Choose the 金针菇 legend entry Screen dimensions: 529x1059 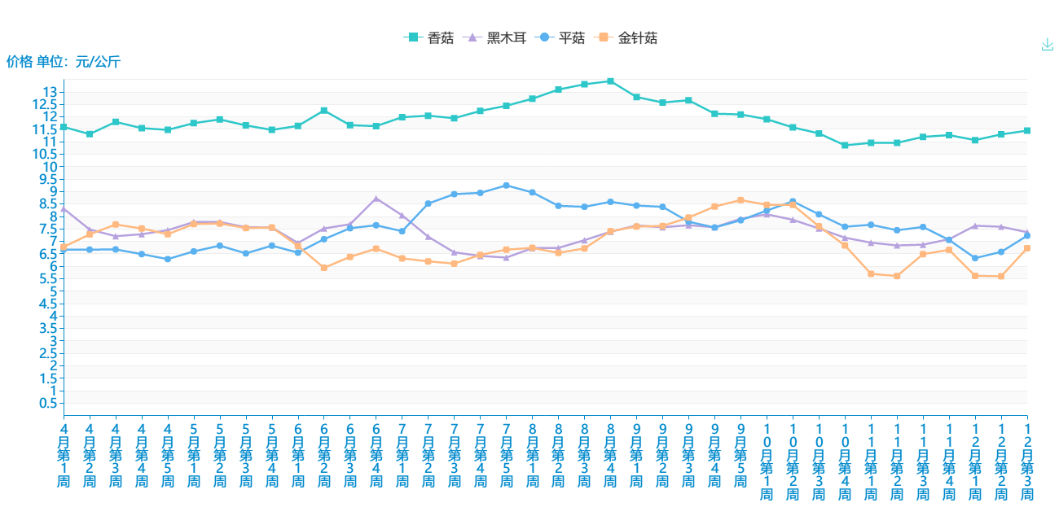click(x=627, y=37)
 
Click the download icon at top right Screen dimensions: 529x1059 click(x=1048, y=45)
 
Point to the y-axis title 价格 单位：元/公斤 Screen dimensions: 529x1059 click(x=64, y=61)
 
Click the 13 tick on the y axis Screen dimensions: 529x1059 click(x=51, y=92)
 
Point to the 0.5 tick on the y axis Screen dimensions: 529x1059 click(x=47, y=404)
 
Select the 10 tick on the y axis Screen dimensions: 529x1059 click(x=51, y=167)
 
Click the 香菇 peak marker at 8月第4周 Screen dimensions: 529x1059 click(x=610, y=81)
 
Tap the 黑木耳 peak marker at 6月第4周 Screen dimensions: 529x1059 click(x=376, y=199)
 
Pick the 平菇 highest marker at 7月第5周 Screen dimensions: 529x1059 click(x=506, y=186)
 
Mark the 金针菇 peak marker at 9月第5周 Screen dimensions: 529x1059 click(x=740, y=200)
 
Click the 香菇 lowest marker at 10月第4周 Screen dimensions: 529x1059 click(x=845, y=146)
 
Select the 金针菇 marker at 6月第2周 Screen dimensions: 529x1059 click(x=324, y=268)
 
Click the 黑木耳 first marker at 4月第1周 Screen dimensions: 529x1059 click(x=64, y=208)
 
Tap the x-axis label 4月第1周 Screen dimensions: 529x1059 click(x=64, y=455)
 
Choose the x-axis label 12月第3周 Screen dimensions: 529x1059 click(x=1027, y=461)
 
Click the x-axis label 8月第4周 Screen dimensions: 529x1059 click(x=610, y=455)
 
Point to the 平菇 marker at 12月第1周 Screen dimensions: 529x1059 click(x=975, y=258)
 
